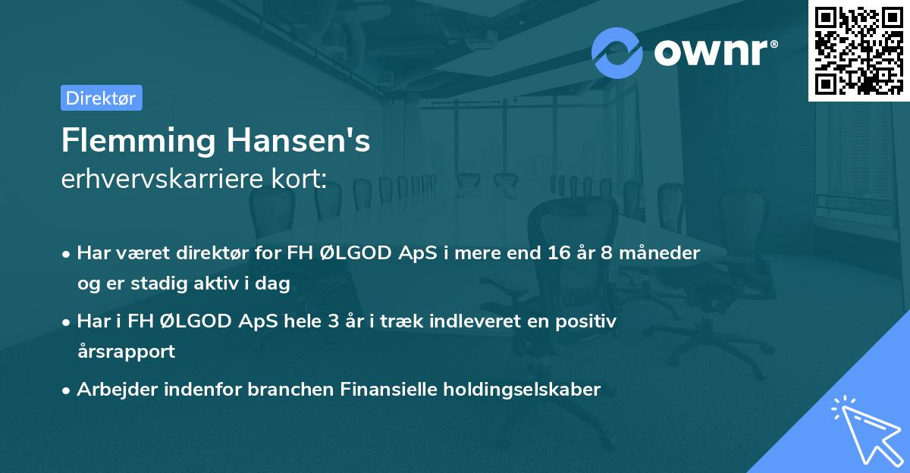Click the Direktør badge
(x=101, y=98)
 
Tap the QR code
(x=858, y=50)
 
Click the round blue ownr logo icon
(x=617, y=52)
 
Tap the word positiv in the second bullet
(x=589, y=321)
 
